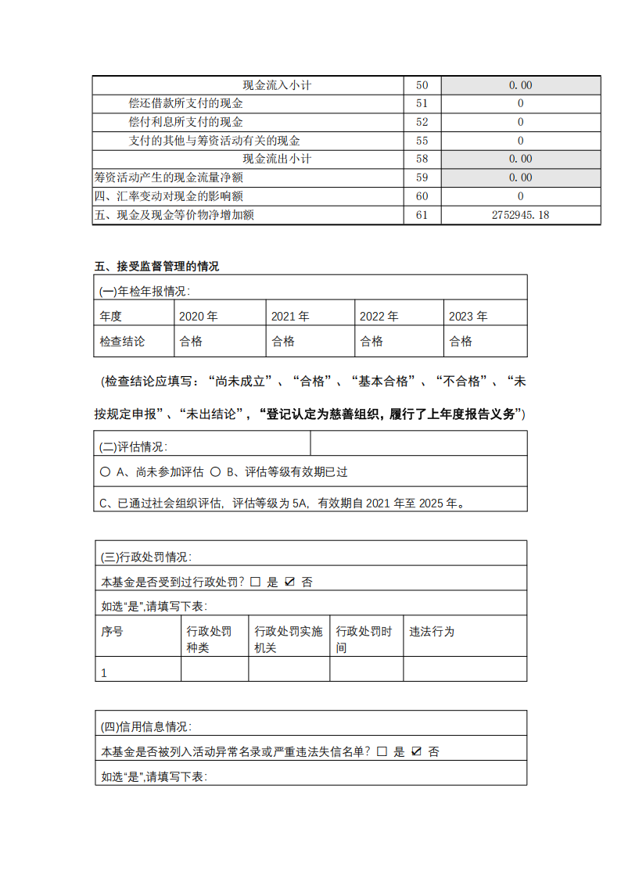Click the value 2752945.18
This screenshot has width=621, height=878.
[520, 215]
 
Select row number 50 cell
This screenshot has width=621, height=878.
[422, 85]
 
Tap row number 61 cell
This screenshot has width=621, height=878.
[422, 215]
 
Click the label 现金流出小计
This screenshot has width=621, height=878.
[277, 159]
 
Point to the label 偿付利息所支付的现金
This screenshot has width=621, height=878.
[185, 122]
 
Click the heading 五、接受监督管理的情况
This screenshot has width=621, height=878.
[157, 267]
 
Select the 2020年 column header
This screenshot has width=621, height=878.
[199, 317]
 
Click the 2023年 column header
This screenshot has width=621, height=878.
[468, 317]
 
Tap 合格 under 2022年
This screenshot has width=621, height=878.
[372, 342]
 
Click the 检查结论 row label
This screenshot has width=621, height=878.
[122, 342]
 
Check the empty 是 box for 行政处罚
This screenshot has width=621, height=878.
[255, 582]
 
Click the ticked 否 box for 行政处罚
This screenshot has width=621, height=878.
[289, 582]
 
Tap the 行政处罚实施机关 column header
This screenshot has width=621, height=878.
[289, 639]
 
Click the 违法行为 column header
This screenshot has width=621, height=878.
[432, 632]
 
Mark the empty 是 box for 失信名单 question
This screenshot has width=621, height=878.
[382, 751]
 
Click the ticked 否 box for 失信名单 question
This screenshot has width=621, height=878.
[416, 751]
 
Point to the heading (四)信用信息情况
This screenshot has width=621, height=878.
[146, 727]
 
